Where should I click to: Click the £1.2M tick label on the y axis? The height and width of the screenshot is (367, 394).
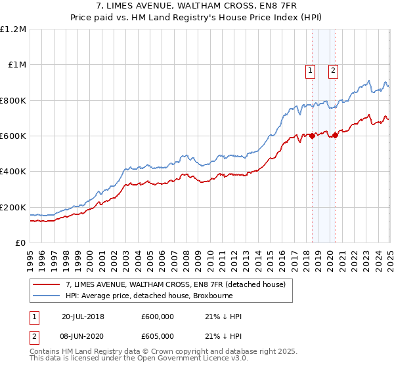point(13,29)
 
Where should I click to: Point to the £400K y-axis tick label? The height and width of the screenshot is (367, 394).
point(13,172)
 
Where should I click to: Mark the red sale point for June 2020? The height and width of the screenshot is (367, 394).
point(335,136)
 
